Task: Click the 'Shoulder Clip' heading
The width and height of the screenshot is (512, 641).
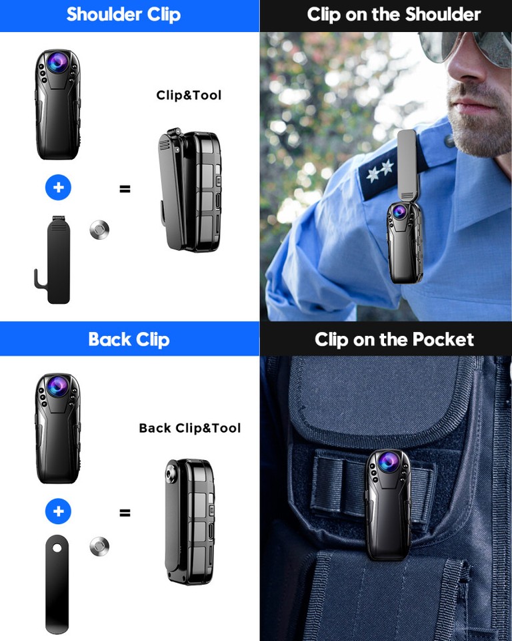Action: (x=123, y=15)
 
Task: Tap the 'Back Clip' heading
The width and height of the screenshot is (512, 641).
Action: (x=129, y=339)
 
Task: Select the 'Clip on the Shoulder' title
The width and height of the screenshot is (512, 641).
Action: (x=393, y=15)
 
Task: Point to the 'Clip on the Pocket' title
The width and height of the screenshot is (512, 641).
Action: (x=394, y=339)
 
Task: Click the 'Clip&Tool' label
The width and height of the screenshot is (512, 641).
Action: (x=189, y=95)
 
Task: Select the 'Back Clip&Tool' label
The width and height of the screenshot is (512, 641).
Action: (x=189, y=428)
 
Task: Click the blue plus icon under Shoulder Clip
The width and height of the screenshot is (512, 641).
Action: (x=58, y=188)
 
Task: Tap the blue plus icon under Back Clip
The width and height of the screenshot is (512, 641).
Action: (x=58, y=512)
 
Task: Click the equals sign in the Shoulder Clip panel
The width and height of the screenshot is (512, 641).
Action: (x=125, y=188)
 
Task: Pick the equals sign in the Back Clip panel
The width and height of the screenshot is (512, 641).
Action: (x=125, y=513)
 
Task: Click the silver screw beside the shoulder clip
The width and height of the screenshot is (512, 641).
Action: (x=99, y=230)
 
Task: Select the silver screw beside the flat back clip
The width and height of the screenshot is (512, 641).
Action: (x=99, y=547)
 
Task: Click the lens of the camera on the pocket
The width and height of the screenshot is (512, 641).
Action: (x=387, y=462)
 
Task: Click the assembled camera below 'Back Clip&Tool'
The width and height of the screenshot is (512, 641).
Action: (x=190, y=521)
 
